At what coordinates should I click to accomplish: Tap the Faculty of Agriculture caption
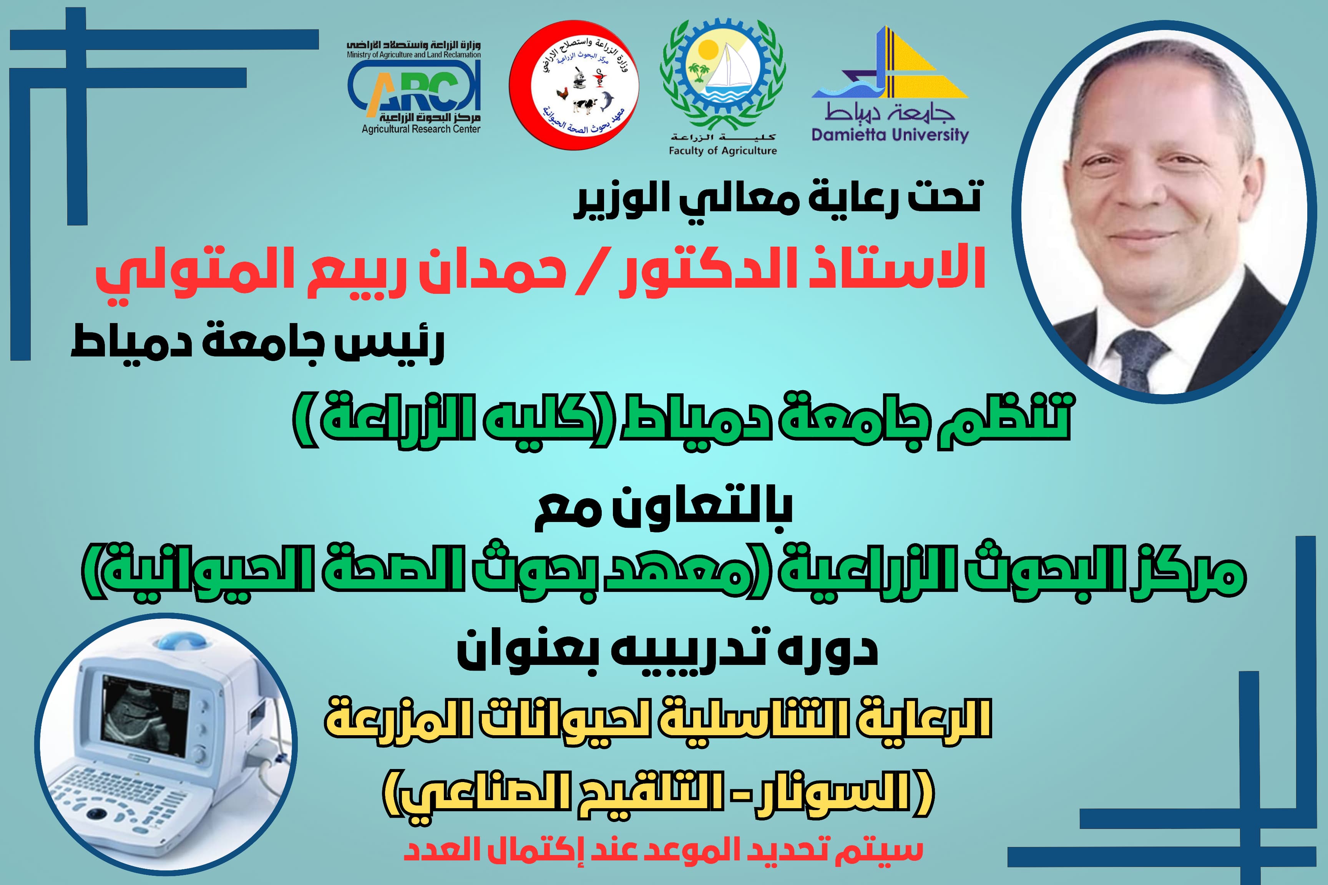pos(723,151)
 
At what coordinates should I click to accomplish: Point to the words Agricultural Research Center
pos(421,129)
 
